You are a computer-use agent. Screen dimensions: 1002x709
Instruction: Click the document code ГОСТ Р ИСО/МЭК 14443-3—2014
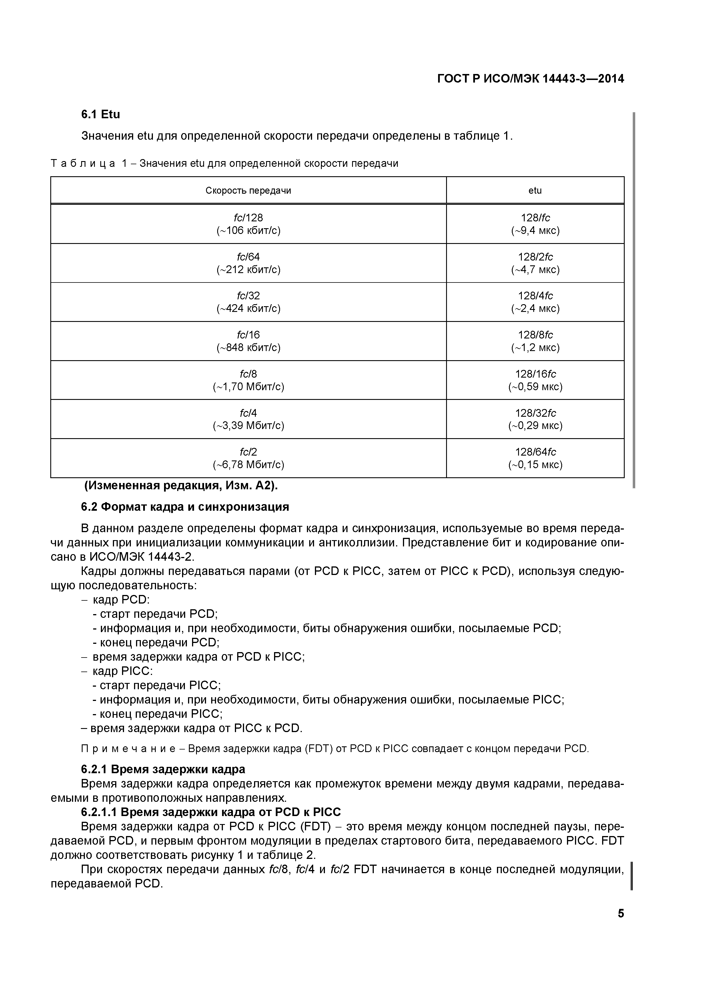(x=530, y=79)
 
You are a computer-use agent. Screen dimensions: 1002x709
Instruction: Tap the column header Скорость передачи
(x=248, y=191)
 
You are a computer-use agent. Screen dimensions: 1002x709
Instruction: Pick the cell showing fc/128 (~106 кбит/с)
(x=248, y=224)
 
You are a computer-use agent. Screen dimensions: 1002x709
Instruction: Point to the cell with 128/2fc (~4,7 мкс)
(x=535, y=263)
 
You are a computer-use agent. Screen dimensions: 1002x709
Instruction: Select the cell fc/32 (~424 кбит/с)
(x=248, y=302)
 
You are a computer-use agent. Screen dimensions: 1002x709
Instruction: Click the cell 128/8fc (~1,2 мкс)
(x=535, y=341)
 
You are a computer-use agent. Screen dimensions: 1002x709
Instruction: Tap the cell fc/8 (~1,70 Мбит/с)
(x=248, y=380)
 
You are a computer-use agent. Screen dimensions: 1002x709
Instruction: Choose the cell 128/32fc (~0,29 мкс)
(x=535, y=419)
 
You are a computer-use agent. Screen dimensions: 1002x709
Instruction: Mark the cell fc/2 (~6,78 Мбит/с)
(x=248, y=458)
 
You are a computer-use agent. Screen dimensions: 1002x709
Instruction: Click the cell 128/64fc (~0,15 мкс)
(x=535, y=458)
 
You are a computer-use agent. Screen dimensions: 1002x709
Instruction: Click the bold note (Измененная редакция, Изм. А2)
(x=181, y=486)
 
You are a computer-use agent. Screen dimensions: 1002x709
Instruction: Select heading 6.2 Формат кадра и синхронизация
(x=185, y=507)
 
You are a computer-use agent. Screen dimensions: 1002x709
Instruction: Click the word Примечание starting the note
(x=128, y=749)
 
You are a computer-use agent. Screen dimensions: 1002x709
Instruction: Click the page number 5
(x=620, y=913)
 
